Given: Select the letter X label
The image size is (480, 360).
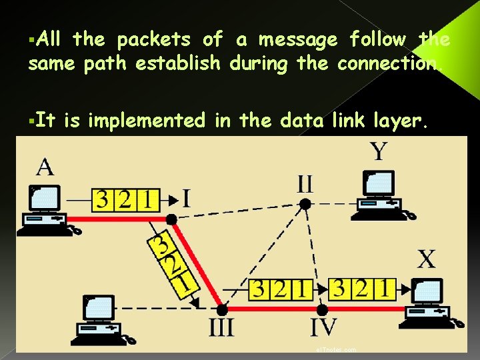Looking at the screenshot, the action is pyautogui.click(x=426, y=259).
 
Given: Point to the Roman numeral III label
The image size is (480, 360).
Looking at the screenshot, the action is pyautogui.click(x=221, y=329).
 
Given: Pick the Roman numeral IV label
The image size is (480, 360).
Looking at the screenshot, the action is pyautogui.click(x=323, y=328).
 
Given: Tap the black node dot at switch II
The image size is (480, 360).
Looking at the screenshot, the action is pyautogui.click(x=305, y=204).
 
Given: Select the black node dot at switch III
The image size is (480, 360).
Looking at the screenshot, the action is pyautogui.click(x=222, y=310).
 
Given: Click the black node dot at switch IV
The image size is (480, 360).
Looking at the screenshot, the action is pyautogui.click(x=323, y=310).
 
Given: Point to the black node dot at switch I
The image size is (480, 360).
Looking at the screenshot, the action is pyautogui.click(x=171, y=219).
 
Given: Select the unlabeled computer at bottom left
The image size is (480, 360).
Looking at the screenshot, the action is pyautogui.click(x=100, y=318).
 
